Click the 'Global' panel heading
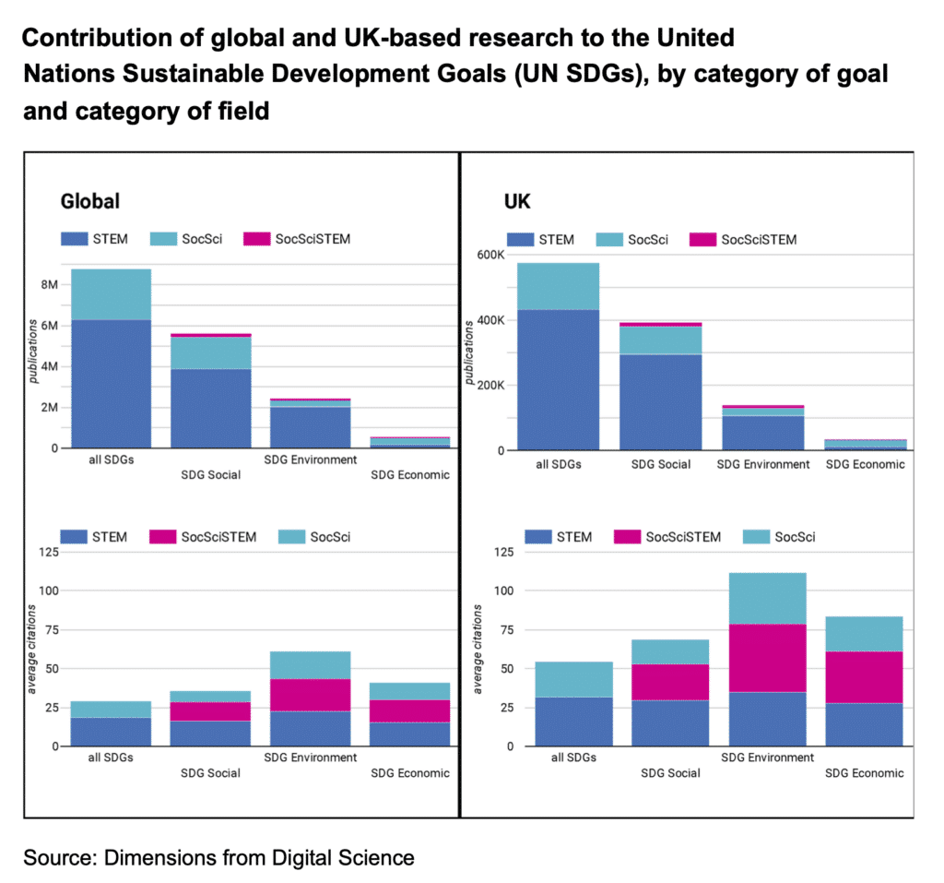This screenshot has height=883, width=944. point(89,200)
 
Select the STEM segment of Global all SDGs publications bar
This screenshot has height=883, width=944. point(112,383)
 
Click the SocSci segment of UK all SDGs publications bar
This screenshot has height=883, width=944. point(558,286)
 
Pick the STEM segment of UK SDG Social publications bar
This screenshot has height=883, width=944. point(659,401)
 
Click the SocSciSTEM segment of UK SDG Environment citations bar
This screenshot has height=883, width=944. point(767,658)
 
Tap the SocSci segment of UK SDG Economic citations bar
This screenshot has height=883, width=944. point(864,634)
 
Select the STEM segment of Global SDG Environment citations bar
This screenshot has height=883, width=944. point(309,728)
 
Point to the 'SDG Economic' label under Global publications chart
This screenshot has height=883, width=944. point(409,475)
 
